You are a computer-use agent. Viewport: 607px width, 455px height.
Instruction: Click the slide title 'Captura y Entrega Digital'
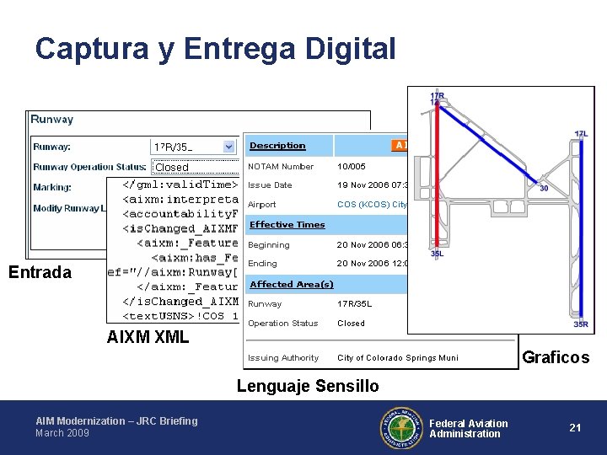click(215, 49)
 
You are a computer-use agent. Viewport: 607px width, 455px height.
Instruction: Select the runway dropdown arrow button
click(228, 147)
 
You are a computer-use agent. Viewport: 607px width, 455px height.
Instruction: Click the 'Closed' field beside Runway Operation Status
click(172, 167)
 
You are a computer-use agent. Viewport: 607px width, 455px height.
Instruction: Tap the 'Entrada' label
click(40, 271)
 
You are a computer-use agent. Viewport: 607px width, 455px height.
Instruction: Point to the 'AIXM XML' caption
click(148, 338)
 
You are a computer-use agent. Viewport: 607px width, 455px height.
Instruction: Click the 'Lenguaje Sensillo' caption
click(308, 386)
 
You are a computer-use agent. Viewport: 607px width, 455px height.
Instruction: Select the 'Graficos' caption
click(556, 357)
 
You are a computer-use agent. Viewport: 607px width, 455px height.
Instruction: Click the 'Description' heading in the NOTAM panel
click(277, 146)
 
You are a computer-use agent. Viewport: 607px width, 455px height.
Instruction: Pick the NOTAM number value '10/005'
click(352, 167)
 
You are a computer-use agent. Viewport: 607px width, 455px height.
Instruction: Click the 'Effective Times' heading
click(287, 225)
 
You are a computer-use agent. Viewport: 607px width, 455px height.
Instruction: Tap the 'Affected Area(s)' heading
click(292, 285)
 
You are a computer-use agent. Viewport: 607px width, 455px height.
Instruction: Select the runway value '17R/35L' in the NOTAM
click(355, 304)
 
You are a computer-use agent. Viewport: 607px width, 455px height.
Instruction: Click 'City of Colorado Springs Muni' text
click(398, 358)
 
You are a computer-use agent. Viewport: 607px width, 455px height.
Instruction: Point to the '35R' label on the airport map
click(581, 324)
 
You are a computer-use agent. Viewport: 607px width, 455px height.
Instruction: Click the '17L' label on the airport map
click(581, 134)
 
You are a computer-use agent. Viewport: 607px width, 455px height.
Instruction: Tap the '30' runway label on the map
click(544, 189)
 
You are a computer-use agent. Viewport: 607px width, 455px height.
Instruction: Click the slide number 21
click(575, 427)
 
